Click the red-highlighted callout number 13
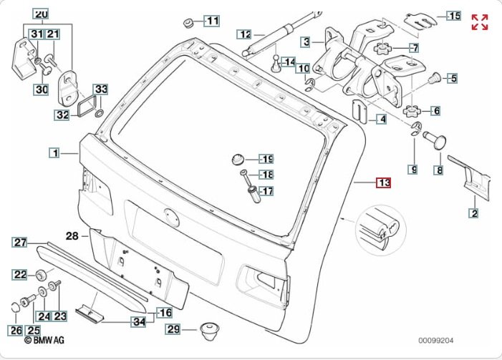pos(385,183)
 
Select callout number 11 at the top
pos(213,21)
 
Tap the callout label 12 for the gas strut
pos(245,34)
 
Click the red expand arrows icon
pos(480,22)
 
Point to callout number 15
pos(454,15)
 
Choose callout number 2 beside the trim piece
pos(473,212)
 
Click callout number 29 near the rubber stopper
pos(173,330)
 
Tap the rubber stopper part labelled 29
pos(209,330)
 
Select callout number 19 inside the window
pos(266,159)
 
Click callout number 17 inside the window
pos(266,191)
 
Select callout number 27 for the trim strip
pos(19,242)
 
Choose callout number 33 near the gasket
pos(101,89)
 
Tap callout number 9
pos(413,169)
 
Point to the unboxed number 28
pos(72,235)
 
